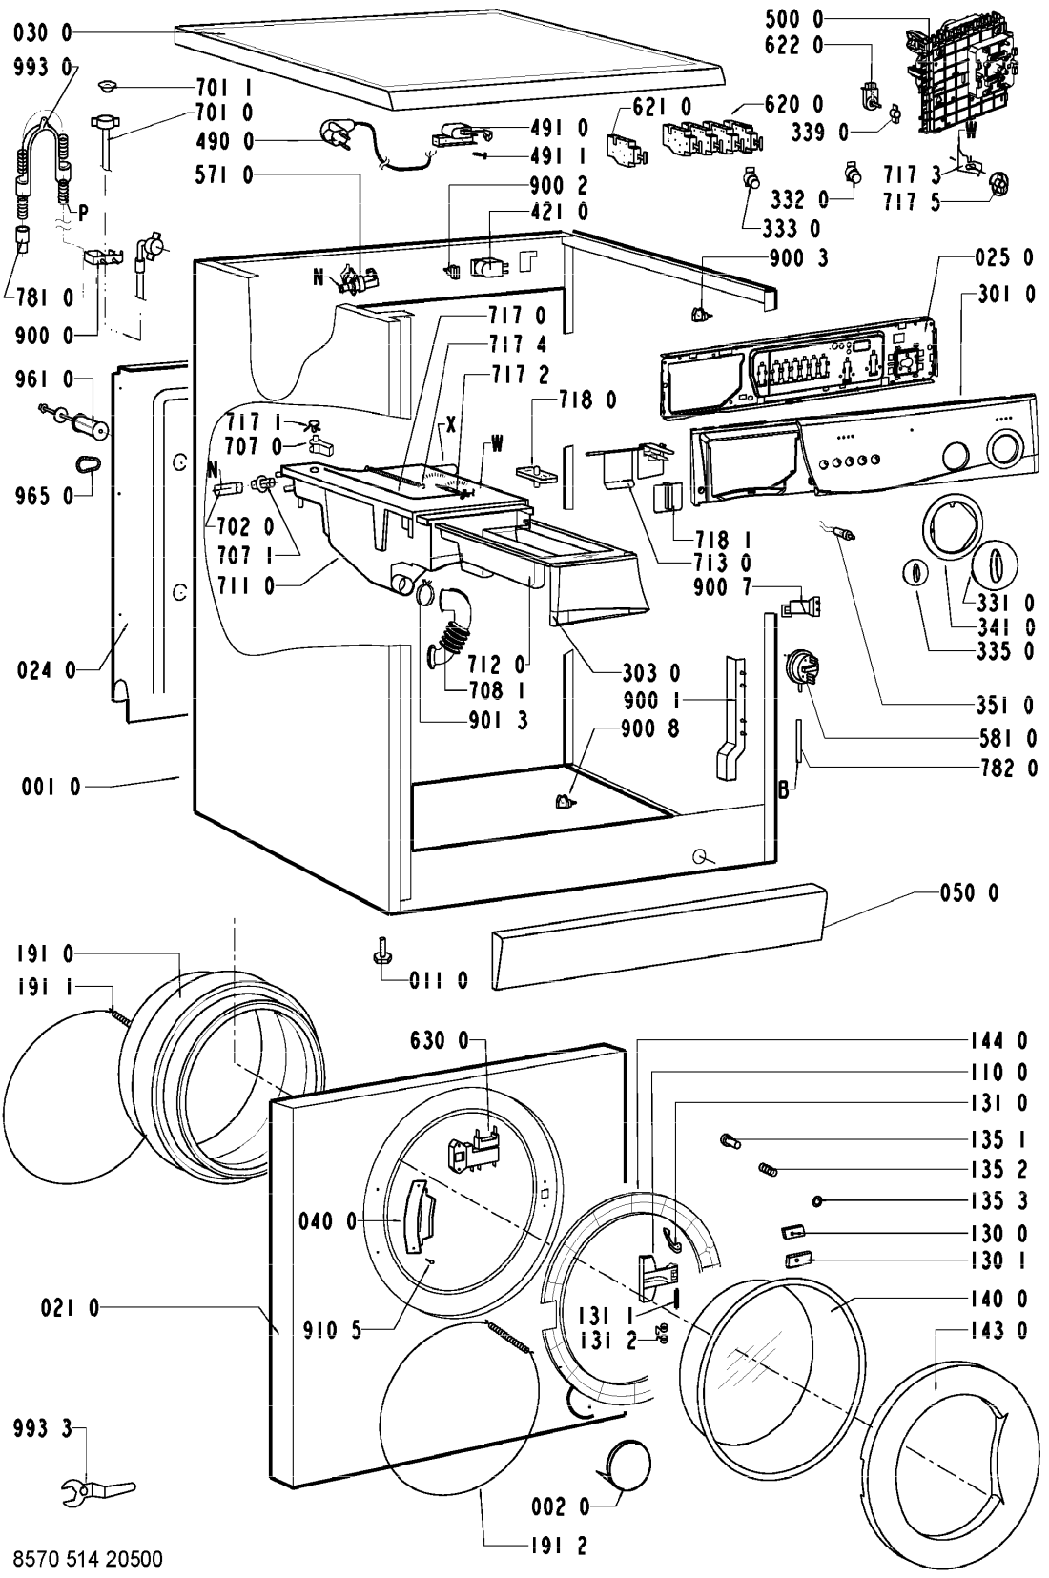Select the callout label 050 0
tap(970, 893)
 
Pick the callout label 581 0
tap(1007, 738)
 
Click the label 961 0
tap(44, 379)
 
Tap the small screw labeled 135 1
tap(730, 1139)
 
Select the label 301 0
tap(1007, 294)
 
